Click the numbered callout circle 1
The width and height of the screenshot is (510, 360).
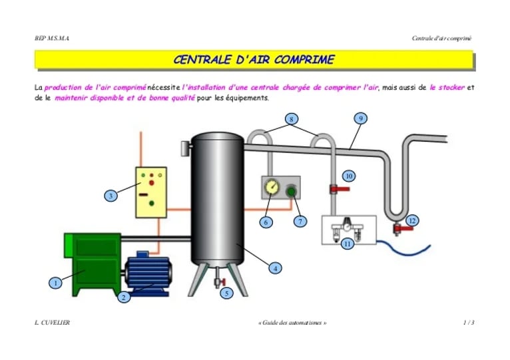[x=55, y=283]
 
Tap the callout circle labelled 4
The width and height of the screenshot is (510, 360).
[x=275, y=268]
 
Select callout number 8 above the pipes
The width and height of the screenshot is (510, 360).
[x=291, y=119]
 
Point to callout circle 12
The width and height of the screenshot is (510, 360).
[x=412, y=221]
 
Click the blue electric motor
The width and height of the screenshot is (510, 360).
[x=148, y=273]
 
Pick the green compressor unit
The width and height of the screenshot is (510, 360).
[x=93, y=263]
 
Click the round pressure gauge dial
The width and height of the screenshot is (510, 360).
[x=272, y=187]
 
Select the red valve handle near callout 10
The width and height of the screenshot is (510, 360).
[x=340, y=188]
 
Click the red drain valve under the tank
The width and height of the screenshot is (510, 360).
[x=222, y=281]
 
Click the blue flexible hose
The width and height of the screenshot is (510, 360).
[x=403, y=248]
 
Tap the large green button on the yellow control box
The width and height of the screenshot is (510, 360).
[x=151, y=203]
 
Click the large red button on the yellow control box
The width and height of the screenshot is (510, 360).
[x=151, y=183]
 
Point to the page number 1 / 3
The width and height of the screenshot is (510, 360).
[x=469, y=323]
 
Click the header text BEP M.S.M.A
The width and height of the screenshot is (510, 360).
[x=52, y=39]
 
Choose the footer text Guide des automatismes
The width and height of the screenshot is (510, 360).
[x=292, y=323]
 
